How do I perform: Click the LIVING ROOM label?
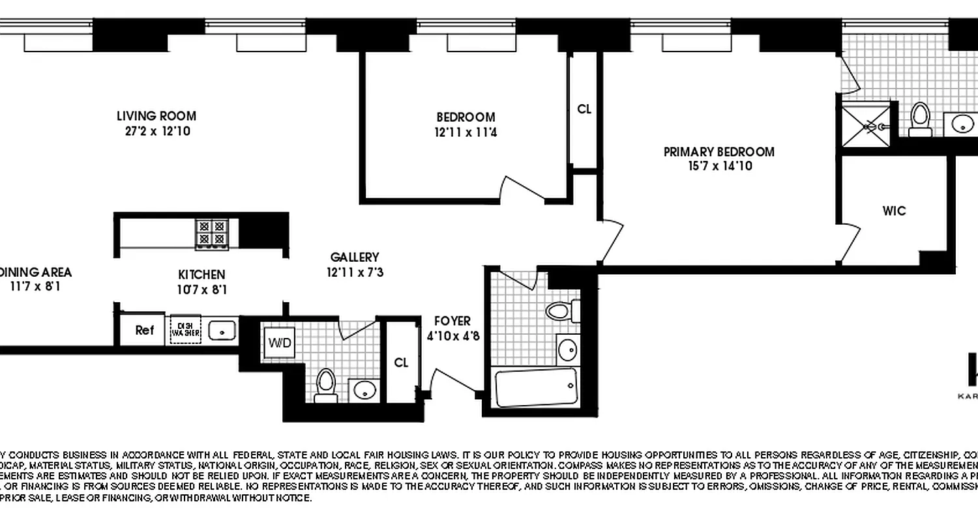pyautogui.click(x=156, y=117)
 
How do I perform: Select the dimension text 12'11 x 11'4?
pyautogui.click(x=466, y=132)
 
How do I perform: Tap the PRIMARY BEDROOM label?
pyautogui.click(x=719, y=152)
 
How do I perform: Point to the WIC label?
pyautogui.click(x=894, y=211)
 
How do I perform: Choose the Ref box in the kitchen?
pyautogui.click(x=144, y=330)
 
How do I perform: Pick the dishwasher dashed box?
pyautogui.click(x=185, y=330)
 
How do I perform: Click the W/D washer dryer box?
pyautogui.click(x=278, y=341)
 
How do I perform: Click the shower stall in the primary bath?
pyautogui.click(x=865, y=126)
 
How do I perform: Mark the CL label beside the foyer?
pyautogui.click(x=402, y=363)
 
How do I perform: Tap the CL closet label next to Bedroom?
pyautogui.click(x=584, y=109)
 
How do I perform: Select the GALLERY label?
pyautogui.click(x=355, y=257)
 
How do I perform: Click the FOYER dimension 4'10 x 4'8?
pyautogui.click(x=452, y=337)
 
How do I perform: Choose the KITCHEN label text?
pyautogui.click(x=201, y=275)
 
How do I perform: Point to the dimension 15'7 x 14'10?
pyautogui.click(x=719, y=166)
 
